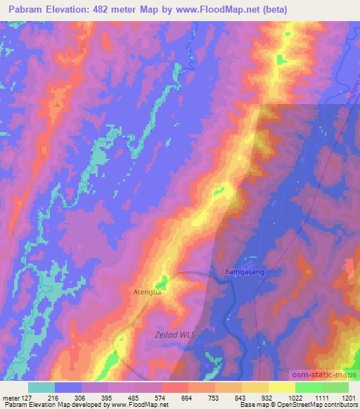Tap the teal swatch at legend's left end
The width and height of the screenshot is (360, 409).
41,387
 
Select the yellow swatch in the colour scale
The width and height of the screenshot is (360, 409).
281,387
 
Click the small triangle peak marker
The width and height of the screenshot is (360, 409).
56,105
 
